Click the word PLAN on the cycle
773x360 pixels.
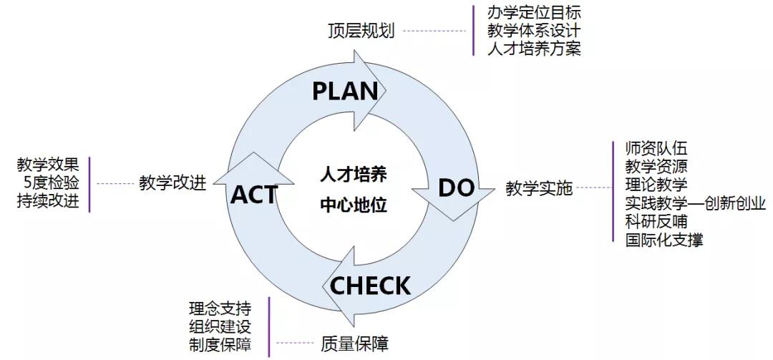[x=345, y=91]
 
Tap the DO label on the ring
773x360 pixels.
[x=456, y=188]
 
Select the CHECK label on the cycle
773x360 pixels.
[x=370, y=286]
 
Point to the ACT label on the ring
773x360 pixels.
[x=254, y=193]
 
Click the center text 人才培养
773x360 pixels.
[x=353, y=175]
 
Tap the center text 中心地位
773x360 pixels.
[x=353, y=206]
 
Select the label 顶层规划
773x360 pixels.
[x=361, y=31]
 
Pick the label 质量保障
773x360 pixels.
[x=355, y=344]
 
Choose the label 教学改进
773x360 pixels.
[x=172, y=183]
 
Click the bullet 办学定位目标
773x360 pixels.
[x=534, y=13]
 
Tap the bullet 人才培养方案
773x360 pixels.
[x=534, y=49]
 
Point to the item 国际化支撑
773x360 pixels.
[x=663, y=240]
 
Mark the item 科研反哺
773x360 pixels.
[x=656, y=222]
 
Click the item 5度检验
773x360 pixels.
[x=51, y=183]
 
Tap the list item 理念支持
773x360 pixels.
[x=220, y=308]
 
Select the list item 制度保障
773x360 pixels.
[x=220, y=344]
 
